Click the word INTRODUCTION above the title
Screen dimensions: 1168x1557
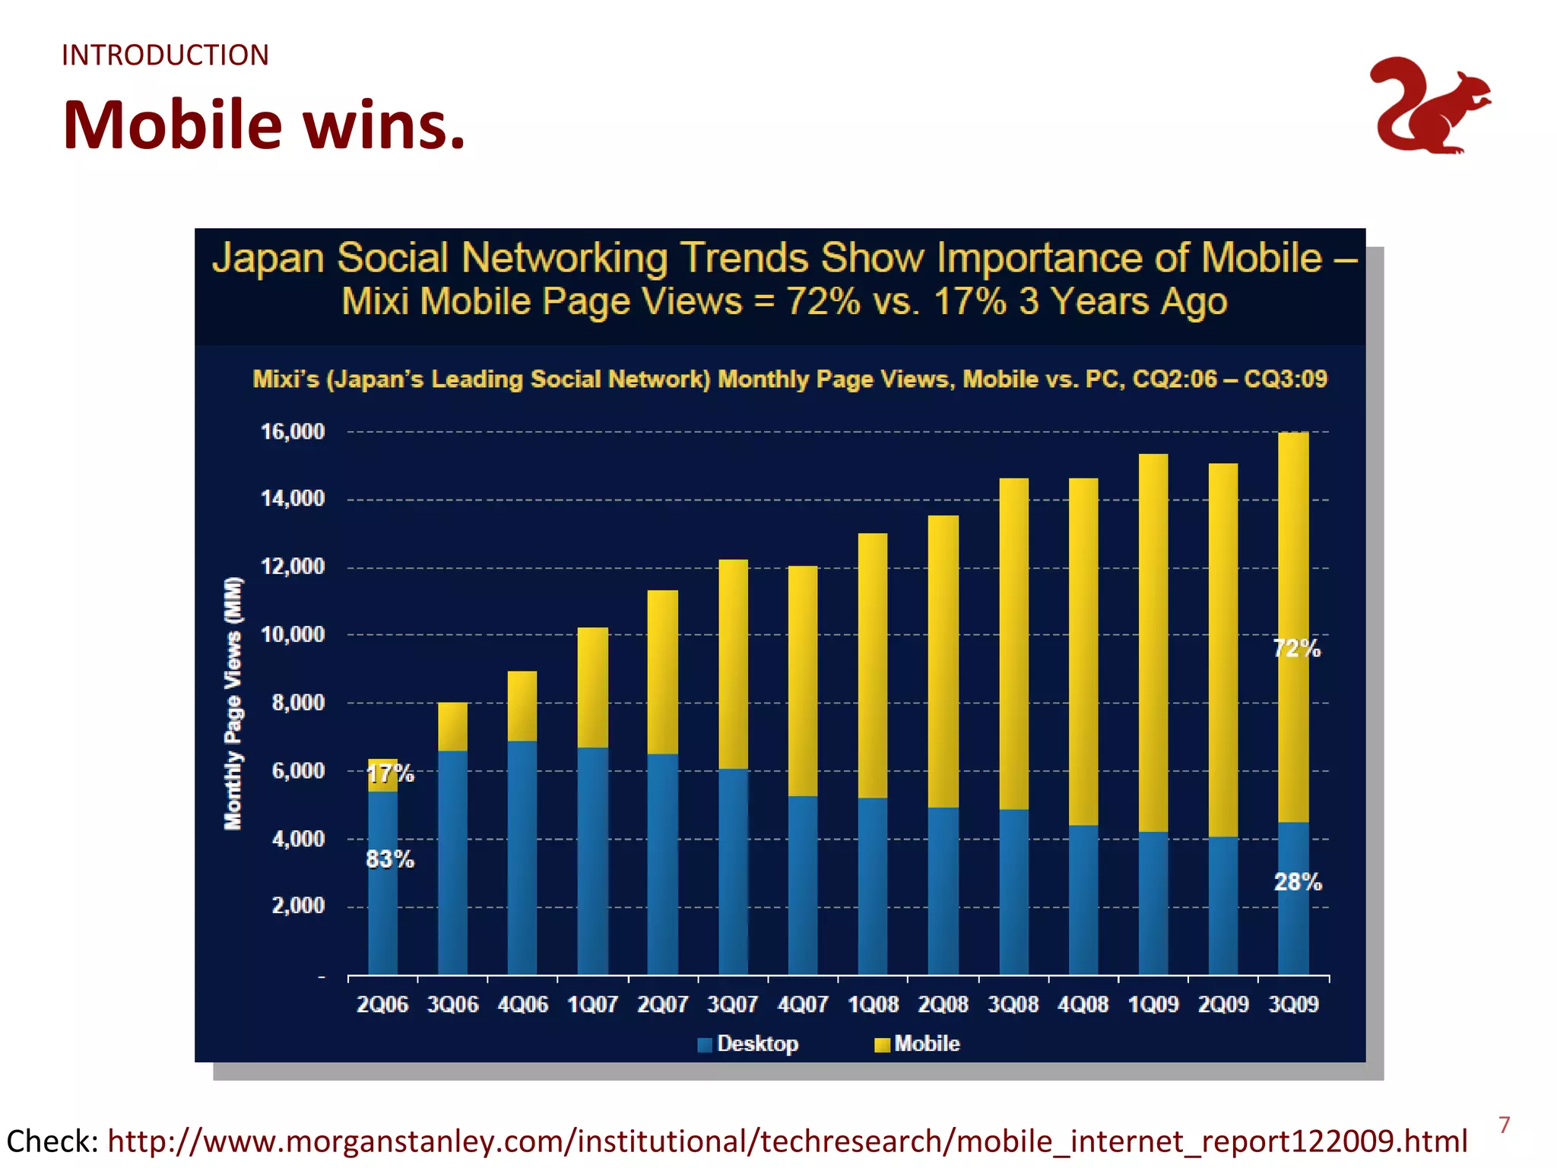coord(165,56)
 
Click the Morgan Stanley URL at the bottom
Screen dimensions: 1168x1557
coord(787,1141)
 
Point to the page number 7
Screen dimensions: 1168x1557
coord(1504,1125)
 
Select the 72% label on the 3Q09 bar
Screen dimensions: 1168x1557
coord(1297,649)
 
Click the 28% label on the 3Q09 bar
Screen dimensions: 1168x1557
coord(1298,882)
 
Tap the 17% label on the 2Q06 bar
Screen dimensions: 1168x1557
coord(390,774)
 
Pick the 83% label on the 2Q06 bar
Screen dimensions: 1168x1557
coord(390,859)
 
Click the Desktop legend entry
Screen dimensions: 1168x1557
coord(756,1043)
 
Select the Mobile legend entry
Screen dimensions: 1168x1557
coord(926,1043)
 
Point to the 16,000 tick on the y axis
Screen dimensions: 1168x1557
coord(293,432)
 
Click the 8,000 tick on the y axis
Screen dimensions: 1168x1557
coord(298,703)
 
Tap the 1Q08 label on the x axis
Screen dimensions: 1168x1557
coord(873,1005)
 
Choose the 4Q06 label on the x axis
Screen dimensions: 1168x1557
coord(522,1005)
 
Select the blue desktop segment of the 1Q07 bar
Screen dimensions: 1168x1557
coord(592,859)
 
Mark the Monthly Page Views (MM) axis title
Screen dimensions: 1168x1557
coord(233,703)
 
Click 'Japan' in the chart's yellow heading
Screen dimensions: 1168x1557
coord(268,258)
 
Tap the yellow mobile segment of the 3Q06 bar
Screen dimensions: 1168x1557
coord(452,726)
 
